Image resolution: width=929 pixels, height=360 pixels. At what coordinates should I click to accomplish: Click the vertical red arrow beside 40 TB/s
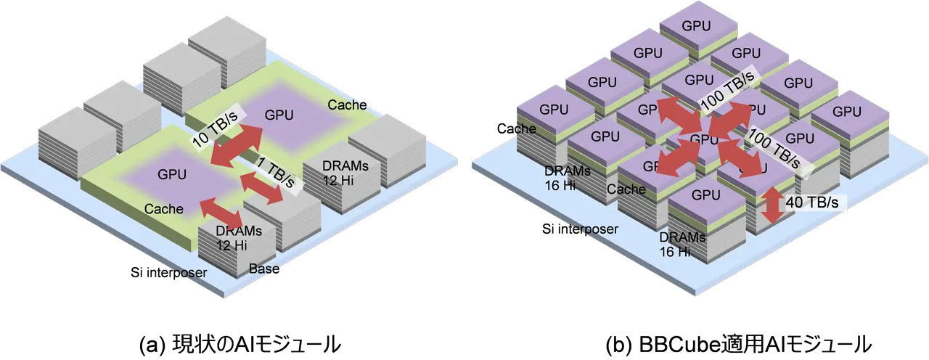click(x=773, y=205)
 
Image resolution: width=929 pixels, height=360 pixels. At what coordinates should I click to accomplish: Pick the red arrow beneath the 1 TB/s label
click(x=261, y=187)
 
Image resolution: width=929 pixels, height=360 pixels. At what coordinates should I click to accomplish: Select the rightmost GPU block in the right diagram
click(x=846, y=112)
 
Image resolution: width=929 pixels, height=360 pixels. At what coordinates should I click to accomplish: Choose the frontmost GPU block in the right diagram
click(x=705, y=195)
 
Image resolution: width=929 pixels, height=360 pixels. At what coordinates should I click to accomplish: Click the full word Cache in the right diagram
click(x=626, y=189)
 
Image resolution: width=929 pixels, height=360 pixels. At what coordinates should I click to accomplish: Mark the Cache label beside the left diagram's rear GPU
click(x=347, y=105)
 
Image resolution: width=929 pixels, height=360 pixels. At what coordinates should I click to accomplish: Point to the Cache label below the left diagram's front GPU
click(x=163, y=208)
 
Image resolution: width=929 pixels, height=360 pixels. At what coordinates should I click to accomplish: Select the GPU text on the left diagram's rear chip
click(x=279, y=114)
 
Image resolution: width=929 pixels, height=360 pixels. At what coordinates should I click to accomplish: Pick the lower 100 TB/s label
click(x=773, y=146)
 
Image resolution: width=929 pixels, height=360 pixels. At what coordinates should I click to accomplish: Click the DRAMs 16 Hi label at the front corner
click(x=682, y=245)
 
